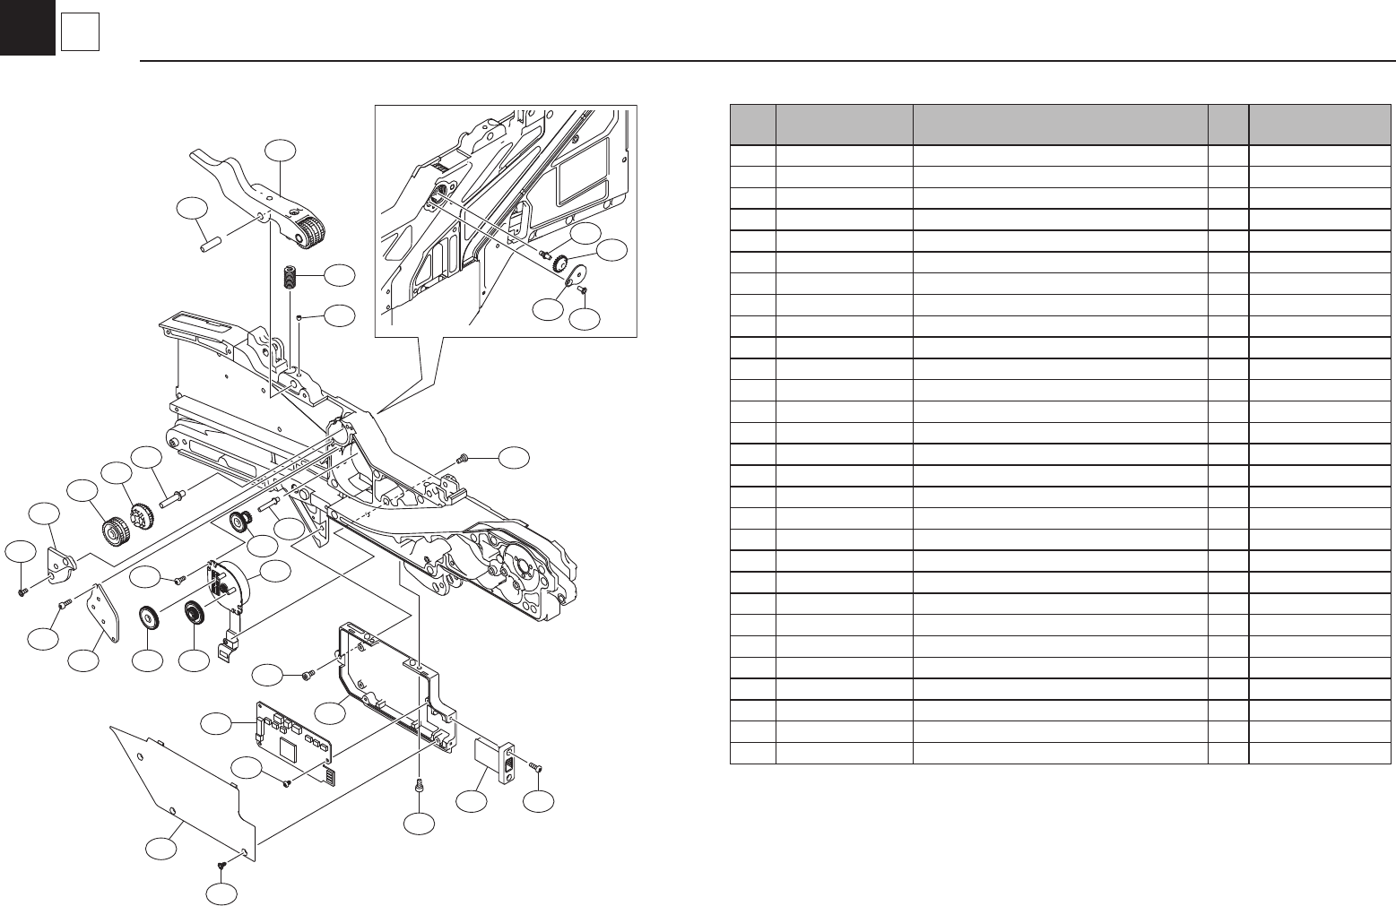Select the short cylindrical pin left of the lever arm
click(209, 241)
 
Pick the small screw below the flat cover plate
click(221, 865)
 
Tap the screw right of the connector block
click(534, 766)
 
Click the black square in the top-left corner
click(27, 27)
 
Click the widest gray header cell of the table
click(1059, 124)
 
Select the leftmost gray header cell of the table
click(752, 124)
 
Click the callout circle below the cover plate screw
click(222, 895)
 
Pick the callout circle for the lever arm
click(282, 153)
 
